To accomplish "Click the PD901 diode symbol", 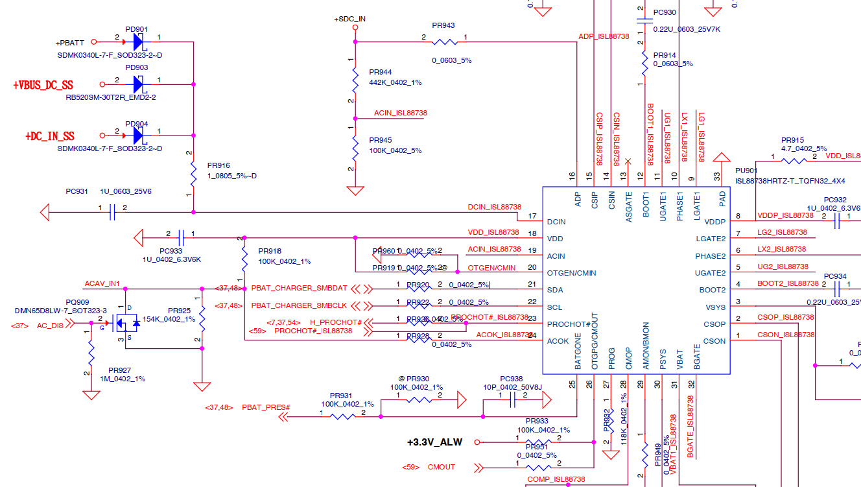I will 138,42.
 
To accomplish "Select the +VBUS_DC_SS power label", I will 43,85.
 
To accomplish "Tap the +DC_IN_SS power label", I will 50,136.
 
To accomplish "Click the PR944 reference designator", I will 380,72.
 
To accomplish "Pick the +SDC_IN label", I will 350,19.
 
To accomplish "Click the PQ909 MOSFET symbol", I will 125,322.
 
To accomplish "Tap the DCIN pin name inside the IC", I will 556,222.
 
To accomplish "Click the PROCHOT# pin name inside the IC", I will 569,324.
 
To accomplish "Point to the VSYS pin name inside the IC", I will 716,307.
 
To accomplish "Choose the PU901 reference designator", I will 746,171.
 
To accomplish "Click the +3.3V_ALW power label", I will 435,442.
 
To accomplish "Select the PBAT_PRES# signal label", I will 266,407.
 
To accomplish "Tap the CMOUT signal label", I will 441,467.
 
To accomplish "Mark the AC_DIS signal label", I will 50,326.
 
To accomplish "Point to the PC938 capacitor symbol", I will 512,402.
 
